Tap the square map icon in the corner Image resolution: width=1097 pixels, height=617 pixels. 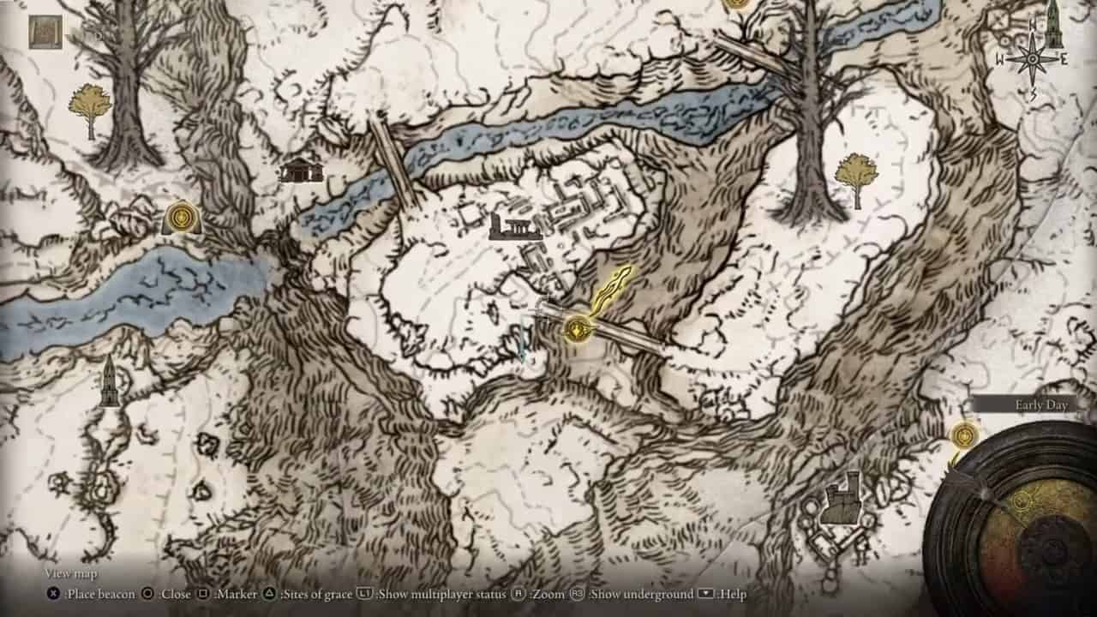point(45,32)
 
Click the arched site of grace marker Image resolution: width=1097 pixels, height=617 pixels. point(182,218)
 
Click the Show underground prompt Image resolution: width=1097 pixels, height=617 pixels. point(639,594)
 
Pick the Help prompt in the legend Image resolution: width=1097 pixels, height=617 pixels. point(732,594)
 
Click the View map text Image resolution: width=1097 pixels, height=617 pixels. point(71,573)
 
